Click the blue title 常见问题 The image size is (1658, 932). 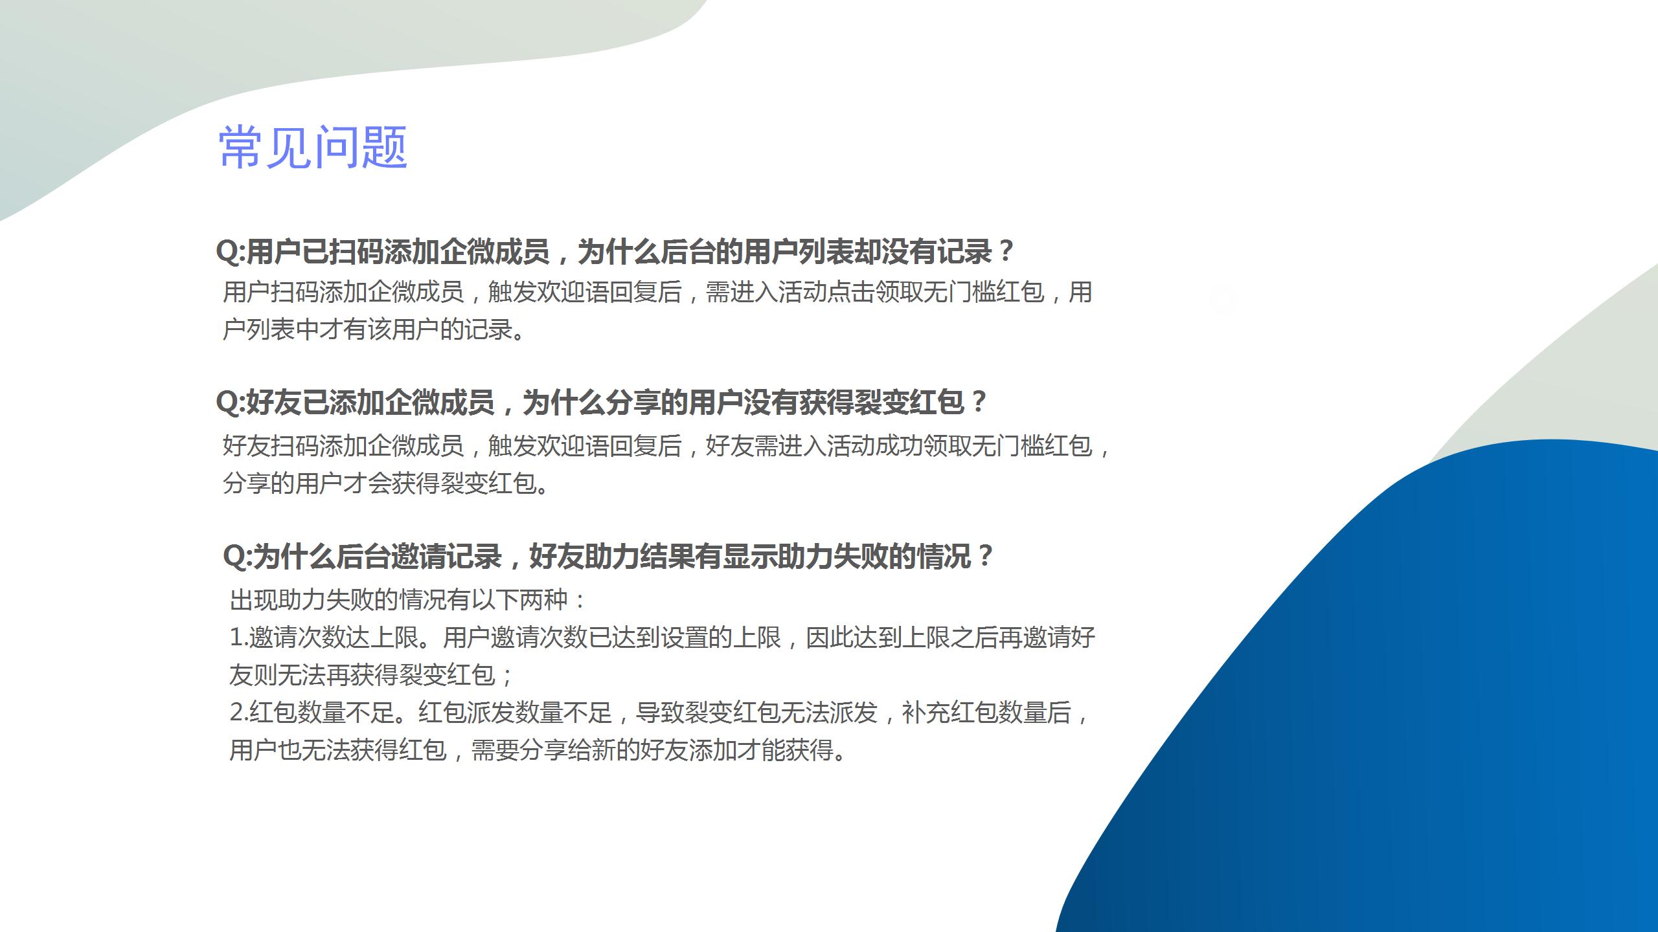pos(313,148)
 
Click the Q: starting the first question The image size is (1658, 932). pos(231,251)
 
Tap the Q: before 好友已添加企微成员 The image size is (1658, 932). pos(231,402)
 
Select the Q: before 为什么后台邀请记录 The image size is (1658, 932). pos(237,556)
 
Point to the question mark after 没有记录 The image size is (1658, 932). pos(1006,251)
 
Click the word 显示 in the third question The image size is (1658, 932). pos(750,556)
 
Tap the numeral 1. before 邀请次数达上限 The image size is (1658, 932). pos(239,638)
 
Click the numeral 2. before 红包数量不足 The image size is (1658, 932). pos(239,713)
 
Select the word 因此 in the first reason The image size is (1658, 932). pos(830,638)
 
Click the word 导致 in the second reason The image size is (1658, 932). pos(660,713)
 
